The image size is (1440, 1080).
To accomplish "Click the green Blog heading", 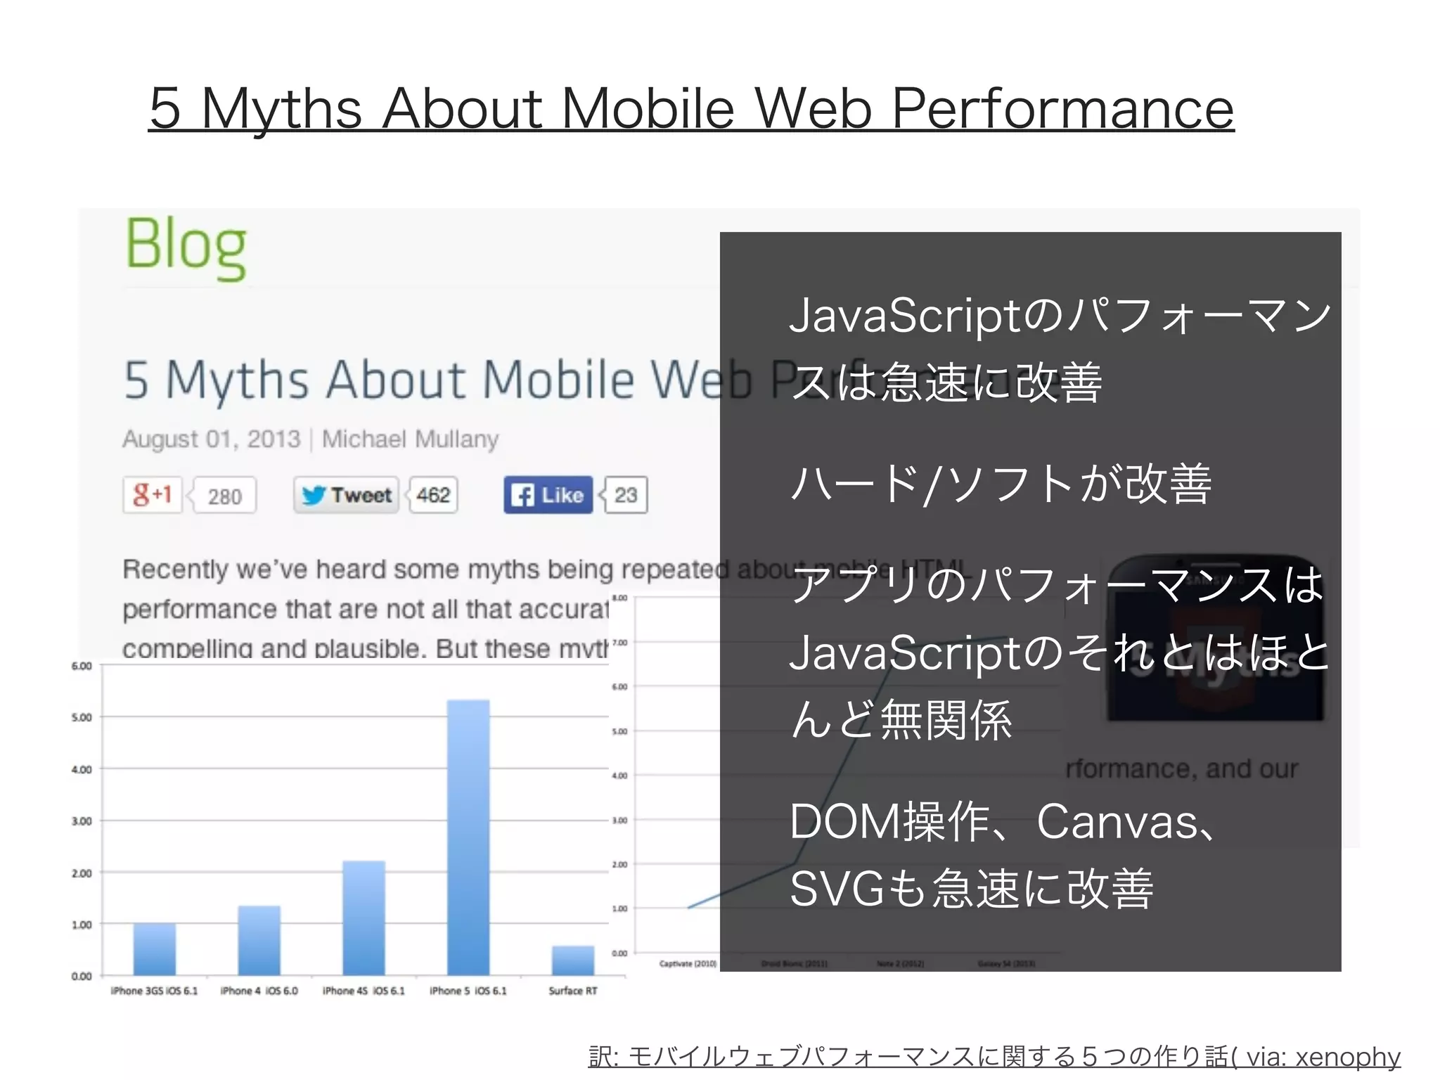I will coord(186,245).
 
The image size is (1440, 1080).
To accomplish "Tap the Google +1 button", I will coord(153,495).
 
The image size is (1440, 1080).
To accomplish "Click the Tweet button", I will coord(347,495).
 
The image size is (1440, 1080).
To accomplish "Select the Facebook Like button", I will coord(548,495).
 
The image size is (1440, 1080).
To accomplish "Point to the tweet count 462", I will coord(433,495).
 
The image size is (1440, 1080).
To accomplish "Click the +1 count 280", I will coord(225,496).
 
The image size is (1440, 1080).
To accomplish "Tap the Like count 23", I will coord(626,495).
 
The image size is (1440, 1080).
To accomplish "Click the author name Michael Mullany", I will coord(410,439).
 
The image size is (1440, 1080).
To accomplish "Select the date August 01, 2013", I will coord(211,439).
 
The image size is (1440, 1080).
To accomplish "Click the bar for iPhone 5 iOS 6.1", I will coord(468,837).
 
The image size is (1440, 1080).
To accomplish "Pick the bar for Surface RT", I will coord(573,960).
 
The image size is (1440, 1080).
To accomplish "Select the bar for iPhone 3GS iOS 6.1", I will coord(155,949).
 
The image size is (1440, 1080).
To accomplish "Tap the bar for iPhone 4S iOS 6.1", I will coord(364,918).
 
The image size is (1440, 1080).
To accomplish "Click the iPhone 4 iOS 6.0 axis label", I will coord(259,991).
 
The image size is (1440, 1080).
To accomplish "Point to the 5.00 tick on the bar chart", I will coord(82,718).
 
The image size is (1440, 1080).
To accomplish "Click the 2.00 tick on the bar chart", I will coord(82,873).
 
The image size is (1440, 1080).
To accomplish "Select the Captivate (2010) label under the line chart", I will coord(688,963).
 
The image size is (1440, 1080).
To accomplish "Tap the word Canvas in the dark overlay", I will coord(1117,821).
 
